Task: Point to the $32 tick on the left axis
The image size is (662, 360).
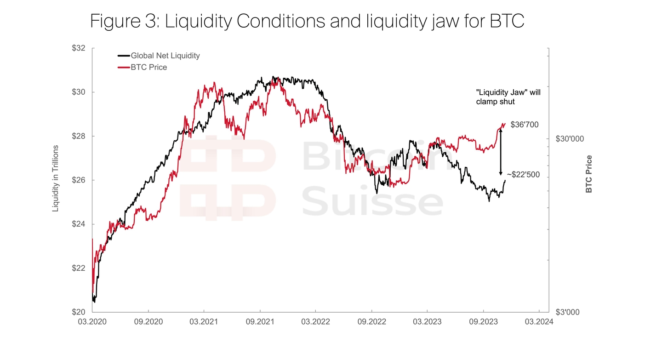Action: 81,48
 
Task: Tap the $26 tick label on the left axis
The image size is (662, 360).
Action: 81,180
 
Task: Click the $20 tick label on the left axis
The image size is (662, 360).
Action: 81,312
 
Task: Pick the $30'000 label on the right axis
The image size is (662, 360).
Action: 570,139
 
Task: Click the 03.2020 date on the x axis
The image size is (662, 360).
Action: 92,321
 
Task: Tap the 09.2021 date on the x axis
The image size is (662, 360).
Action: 260,321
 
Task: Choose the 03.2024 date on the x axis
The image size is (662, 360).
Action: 538,321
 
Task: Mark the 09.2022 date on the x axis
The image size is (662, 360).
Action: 371,321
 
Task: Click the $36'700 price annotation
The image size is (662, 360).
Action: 525,125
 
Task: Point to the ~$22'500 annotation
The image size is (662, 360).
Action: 523,175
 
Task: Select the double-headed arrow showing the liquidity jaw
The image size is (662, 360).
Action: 501,152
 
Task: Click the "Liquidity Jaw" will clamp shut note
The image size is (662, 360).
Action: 508,97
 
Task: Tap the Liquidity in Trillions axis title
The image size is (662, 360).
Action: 56,178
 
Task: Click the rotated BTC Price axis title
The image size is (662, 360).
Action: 588,174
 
